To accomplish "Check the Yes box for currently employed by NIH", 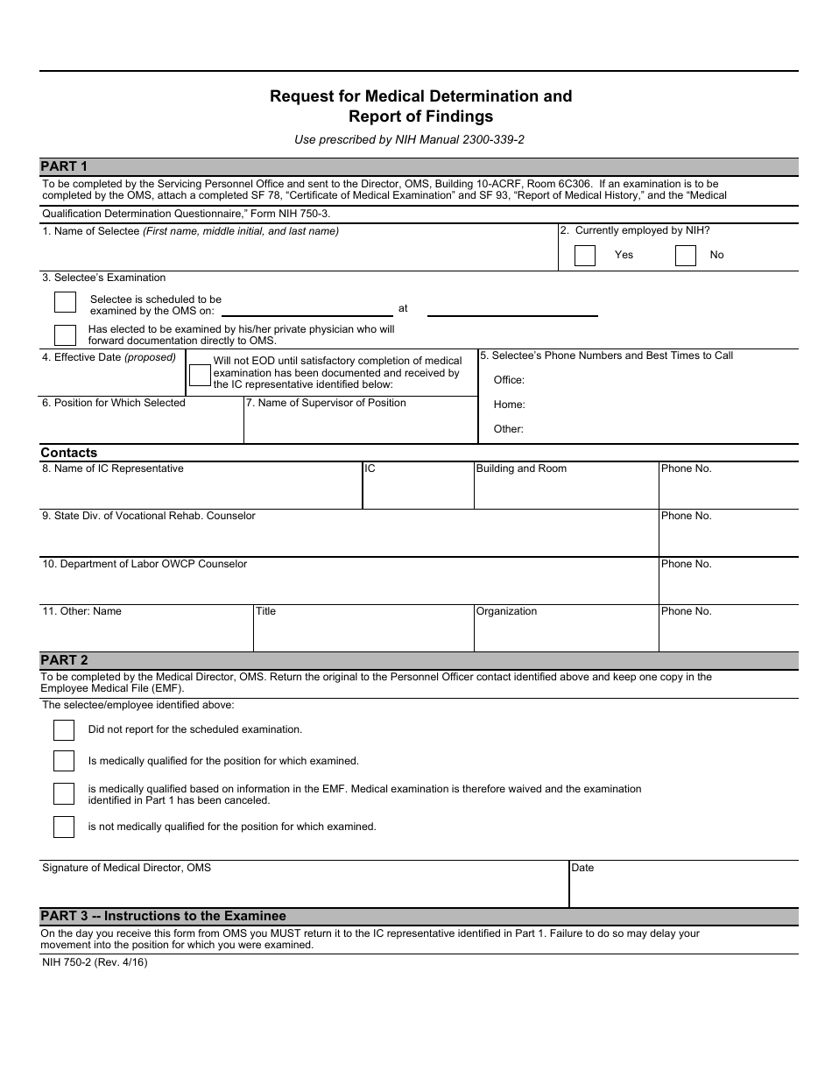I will [x=585, y=256].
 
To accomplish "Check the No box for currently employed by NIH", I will [x=686, y=256].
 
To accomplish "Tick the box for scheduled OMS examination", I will [x=65, y=302].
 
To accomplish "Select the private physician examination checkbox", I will [x=65, y=335].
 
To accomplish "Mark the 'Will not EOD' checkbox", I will [x=200, y=375].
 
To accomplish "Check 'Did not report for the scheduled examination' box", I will [x=64, y=730].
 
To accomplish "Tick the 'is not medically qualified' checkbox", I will [x=64, y=827].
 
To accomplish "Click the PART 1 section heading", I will [x=64, y=166].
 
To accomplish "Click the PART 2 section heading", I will [x=64, y=660].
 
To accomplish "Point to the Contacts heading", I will [x=68, y=453].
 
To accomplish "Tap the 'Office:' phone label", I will [x=509, y=380].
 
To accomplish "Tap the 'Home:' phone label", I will [x=509, y=405].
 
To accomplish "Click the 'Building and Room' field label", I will [x=521, y=468].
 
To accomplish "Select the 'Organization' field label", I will [x=506, y=611].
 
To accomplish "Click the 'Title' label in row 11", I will [x=265, y=611].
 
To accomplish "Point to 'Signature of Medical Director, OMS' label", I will [x=126, y=868].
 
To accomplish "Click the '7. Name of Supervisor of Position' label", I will [x=326, y=403].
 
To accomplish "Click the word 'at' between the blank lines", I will [x=403, y=308].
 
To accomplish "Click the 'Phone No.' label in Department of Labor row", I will [x=686, y=564].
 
